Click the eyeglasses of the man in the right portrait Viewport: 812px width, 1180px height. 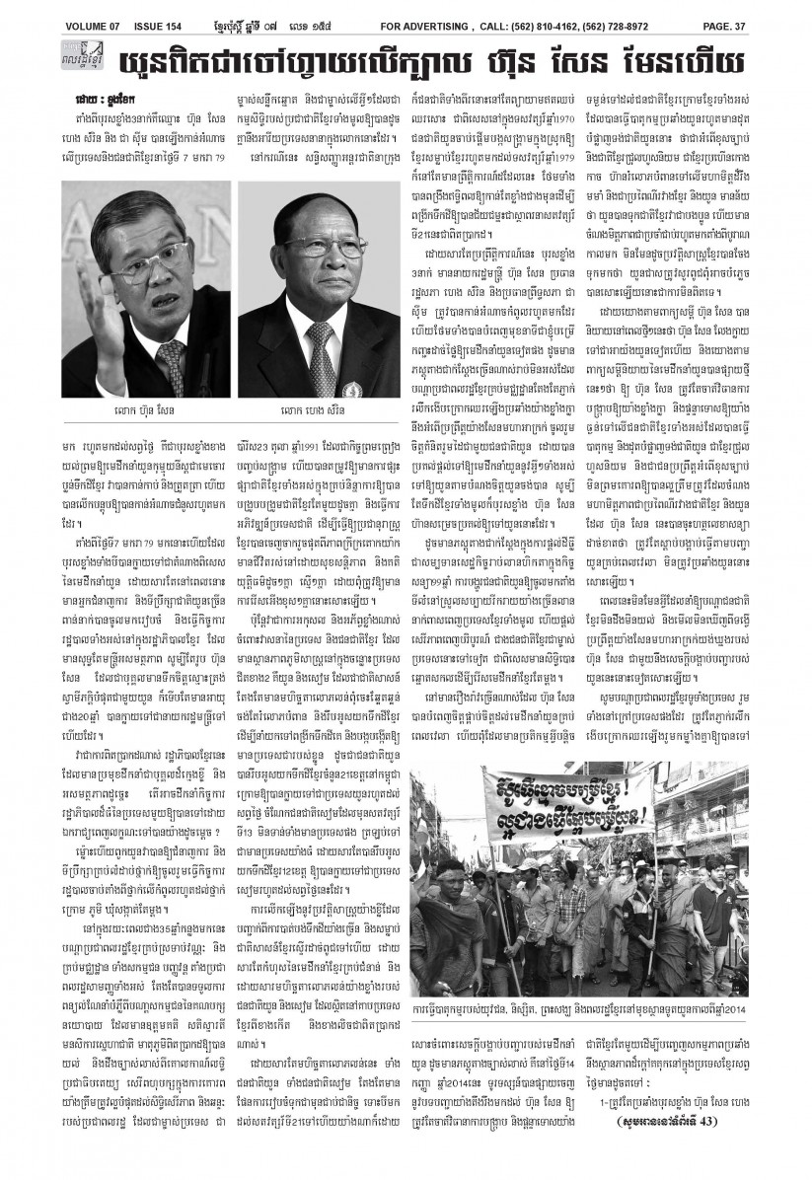click(307, 259)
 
